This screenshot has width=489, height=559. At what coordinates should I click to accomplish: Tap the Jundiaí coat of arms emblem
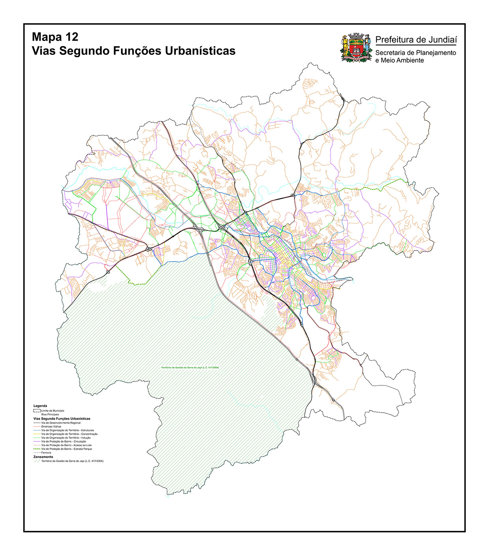[x=356, y=48]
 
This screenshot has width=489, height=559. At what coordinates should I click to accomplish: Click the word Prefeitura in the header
[x=395, y=39]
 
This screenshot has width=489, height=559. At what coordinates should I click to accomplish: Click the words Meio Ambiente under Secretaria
[x=402, y=60]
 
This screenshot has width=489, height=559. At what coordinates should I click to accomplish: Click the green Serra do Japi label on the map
[x=190, y=368]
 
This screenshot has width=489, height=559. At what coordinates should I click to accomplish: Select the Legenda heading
[x=40, y=406]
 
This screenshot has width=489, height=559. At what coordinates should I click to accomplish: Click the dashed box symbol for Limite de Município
[x=37, y=411]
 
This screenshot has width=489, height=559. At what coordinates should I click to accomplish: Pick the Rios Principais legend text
[x=50, y=415]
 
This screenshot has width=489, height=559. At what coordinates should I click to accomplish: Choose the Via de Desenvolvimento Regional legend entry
[x=61, y=423]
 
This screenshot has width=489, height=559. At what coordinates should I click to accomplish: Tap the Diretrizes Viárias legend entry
[x=51, y=427]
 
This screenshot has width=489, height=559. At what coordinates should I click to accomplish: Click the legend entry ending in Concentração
[x=69, y=434]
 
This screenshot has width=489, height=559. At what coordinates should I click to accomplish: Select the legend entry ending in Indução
[x=66, y=438]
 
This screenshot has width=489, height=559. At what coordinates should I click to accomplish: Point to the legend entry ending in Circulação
[x=63, y=441]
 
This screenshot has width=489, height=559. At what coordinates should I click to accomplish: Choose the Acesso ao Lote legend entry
[x=66, y=445]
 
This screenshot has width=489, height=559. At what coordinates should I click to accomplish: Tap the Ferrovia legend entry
[x=46, y=453]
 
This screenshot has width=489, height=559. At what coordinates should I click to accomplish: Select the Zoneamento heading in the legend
[x=43, y=457]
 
